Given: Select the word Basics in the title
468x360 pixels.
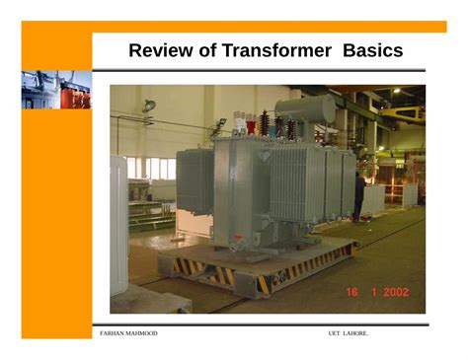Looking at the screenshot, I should click(x=372, y=50).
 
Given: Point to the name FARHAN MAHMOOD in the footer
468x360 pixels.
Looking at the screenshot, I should click(x=128, y=333).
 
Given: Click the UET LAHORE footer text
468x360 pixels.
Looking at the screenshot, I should click(x=348, y=333).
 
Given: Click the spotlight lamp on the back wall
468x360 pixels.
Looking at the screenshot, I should click(x=149, y=105).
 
